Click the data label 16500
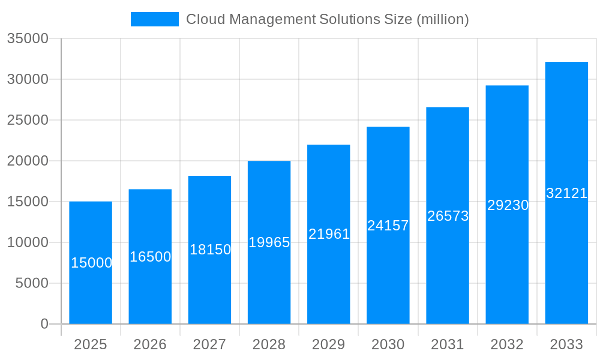click(151, 257)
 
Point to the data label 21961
click(329, 234)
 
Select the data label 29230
click(508, 205)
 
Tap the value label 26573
click(448, 216)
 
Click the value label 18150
click(210, 250)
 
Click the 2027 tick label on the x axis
click(209, 344)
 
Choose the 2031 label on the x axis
click(448, 344)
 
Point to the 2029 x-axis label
click(329, 344)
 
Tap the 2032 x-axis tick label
click(507, 344)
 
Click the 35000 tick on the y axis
click(28, 38)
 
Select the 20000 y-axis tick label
click(28, 161)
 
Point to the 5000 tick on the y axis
click(32, 283)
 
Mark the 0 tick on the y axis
click(44, 324)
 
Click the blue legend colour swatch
click(155, 19)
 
